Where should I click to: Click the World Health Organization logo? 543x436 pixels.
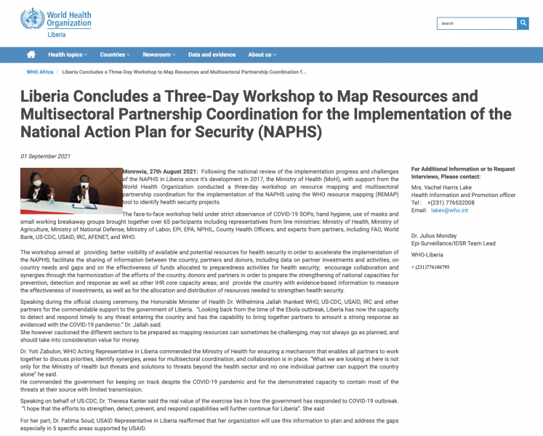tap(56, 23)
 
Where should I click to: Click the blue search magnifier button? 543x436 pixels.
tap(523, 23)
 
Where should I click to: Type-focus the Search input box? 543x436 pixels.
tap(476, 23)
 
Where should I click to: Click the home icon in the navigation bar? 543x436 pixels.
tap(31, 54)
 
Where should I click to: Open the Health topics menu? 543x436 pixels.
tap(67, 54)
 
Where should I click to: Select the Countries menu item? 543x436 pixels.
tap(115, 54)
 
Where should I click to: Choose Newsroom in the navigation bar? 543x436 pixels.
tap(158, 54)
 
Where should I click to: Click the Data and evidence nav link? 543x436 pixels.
tap(212, 54)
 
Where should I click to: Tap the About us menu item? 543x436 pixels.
tap(262, 54)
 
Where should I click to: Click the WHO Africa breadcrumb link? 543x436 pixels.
tap(40, 73)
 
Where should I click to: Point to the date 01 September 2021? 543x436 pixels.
tap(45, 156)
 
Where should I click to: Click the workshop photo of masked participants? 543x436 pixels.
tap(71, 187)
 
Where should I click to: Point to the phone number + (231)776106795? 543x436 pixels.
tap(439, 267)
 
